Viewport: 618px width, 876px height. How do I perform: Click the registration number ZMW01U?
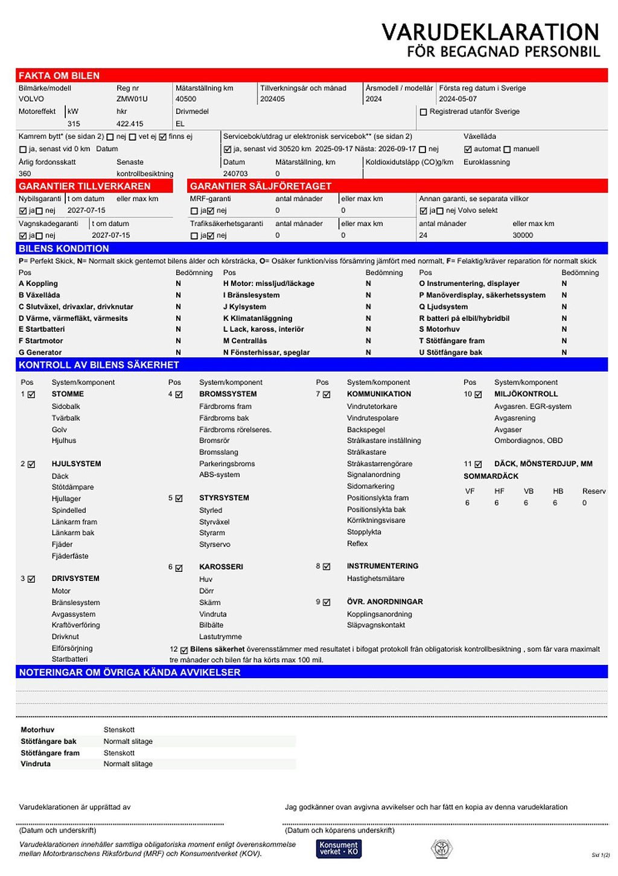(x=132, y=99)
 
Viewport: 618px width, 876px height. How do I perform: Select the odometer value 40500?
(x=185, y=99)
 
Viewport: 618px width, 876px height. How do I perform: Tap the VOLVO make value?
(x=31, y=99)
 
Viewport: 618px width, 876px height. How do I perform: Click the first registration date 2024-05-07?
(x=457, y=99)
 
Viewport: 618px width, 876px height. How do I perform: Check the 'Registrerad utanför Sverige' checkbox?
(x=423, y=112)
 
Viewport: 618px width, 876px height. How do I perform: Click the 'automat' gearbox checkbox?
(x=468, y=150)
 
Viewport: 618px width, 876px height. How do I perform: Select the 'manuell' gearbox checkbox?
(x=507, y=150)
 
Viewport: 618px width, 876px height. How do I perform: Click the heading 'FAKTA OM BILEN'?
(x=59, y=76)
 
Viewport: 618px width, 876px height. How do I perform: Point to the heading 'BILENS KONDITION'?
(x=63, y=249)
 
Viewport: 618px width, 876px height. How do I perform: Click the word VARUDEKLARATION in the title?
(x=490, y=32)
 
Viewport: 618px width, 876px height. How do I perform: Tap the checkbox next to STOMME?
(x=31, y=395)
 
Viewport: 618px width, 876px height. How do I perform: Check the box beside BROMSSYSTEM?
(x=179, y=395)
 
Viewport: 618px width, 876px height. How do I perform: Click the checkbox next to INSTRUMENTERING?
(x=327, y=567)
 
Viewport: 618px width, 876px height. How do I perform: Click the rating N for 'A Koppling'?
(x=178, y=284)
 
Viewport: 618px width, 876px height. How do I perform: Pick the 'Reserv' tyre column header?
(x=593, y=491)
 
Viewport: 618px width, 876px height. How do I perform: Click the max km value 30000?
(x=523, y=235)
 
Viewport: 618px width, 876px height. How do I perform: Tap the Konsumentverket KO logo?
(x=339, y=848)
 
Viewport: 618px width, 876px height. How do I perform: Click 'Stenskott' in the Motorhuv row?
(x=119, y=730)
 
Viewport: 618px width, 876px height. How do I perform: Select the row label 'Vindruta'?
(x=36, y=764)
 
